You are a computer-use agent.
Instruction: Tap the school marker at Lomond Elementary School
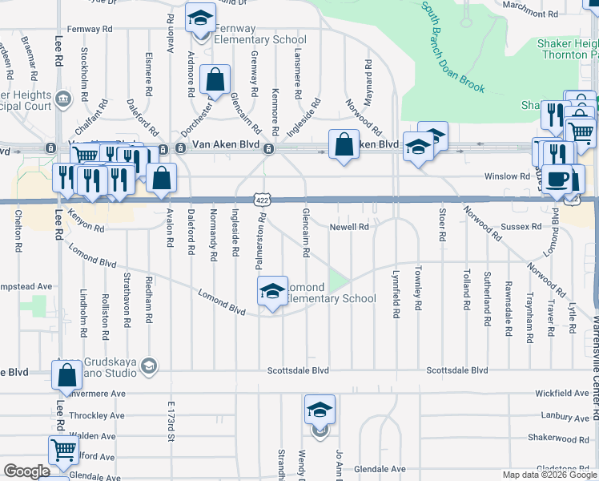272,291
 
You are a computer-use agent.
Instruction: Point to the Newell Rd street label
349,228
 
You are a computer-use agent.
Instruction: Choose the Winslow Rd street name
507,176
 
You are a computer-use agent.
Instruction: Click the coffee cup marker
560,179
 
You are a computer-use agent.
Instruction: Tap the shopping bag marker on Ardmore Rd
215,79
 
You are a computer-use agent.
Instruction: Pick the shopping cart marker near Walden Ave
63,450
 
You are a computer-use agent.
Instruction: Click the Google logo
26,472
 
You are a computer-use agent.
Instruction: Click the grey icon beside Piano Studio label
147,366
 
